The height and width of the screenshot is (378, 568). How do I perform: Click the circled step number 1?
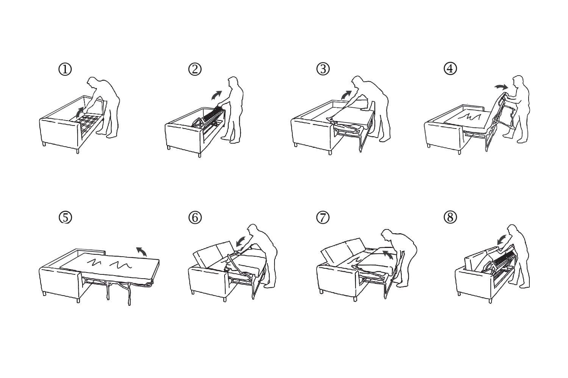65,69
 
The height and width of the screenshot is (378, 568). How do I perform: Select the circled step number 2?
195,69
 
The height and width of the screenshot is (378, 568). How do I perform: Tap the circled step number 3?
323,69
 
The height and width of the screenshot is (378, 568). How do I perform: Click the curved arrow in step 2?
217,94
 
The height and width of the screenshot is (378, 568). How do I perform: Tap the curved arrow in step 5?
142,251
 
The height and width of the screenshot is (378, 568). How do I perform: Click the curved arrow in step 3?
346,95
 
